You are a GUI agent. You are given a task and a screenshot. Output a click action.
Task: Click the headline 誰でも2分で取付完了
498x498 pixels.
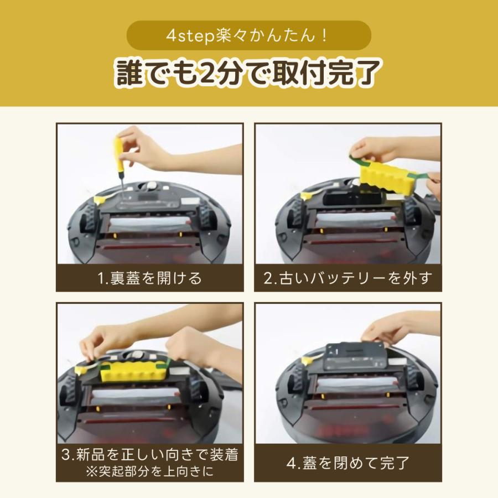[248, 72]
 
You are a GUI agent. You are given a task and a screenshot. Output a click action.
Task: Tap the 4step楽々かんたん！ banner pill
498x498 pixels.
[248, 35]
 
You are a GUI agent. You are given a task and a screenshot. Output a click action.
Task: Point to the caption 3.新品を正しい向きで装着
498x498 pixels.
[149, 455]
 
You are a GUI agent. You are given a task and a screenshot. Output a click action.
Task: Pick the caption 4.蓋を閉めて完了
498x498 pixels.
[347, 463]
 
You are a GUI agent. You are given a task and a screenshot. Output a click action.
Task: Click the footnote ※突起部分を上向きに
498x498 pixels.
[149, 472]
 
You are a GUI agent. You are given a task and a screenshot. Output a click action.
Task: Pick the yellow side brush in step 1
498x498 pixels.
[102, 198]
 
